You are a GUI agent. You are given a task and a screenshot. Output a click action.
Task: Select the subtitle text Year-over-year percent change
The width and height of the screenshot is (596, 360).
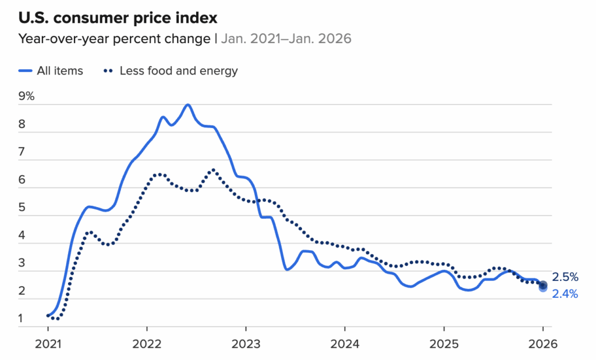[x=114, y=39]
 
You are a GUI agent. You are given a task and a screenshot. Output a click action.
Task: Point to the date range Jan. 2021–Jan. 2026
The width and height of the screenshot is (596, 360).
[x=286, y=39]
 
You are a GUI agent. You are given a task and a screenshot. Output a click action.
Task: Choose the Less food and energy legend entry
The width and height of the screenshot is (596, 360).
[x=171, y=71]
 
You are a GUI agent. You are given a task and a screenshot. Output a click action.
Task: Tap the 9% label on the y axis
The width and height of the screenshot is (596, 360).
[x=27, y=97]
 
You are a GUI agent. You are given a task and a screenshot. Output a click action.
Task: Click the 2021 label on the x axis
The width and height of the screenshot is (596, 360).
[x=48, y=343]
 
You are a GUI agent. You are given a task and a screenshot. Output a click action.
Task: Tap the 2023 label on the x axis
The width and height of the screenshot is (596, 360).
[x=246, y=343]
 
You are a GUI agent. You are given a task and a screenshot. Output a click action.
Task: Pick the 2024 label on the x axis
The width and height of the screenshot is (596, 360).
[x=345, y=343]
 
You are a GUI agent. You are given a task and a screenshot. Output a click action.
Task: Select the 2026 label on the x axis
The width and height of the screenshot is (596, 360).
[x=542, y=343]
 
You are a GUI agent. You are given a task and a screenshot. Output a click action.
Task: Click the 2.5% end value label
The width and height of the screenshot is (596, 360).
[x=565, y=277]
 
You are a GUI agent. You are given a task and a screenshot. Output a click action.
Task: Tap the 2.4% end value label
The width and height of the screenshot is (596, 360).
[x=565, y=294]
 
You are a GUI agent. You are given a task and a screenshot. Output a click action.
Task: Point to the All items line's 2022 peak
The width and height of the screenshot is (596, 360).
[x=187, y=105]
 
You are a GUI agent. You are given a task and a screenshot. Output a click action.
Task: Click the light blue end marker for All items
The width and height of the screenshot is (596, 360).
[x=542, y=288]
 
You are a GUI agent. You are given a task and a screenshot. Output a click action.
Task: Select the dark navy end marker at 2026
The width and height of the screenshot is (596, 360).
[x=542, y=284]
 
